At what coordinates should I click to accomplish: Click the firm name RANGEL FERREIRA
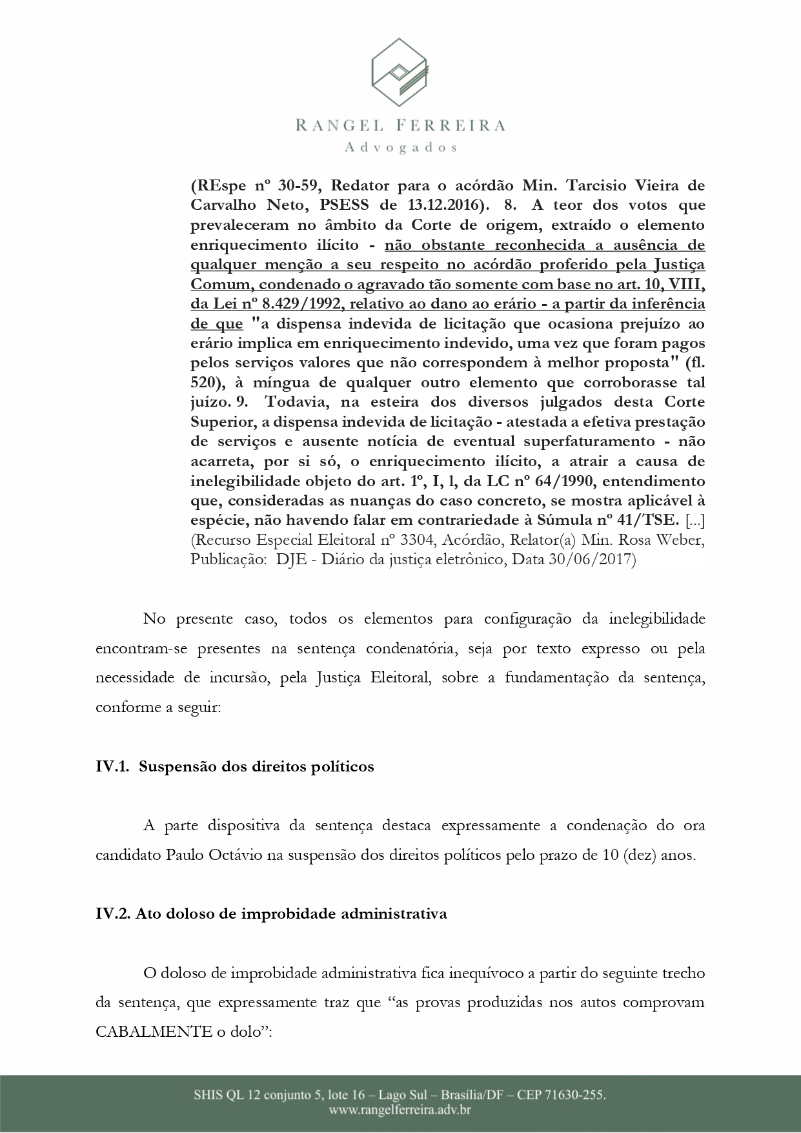[x=400, y=125]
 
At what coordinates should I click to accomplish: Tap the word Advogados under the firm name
[x=401, y=148]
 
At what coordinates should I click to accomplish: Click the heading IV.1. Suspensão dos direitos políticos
[x=235, y=766]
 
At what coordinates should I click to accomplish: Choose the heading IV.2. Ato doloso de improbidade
[x=271, y=914]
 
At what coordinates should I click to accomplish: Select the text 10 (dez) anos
[x=648, y=855]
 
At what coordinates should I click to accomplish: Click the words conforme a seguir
[x=158, y=708]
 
